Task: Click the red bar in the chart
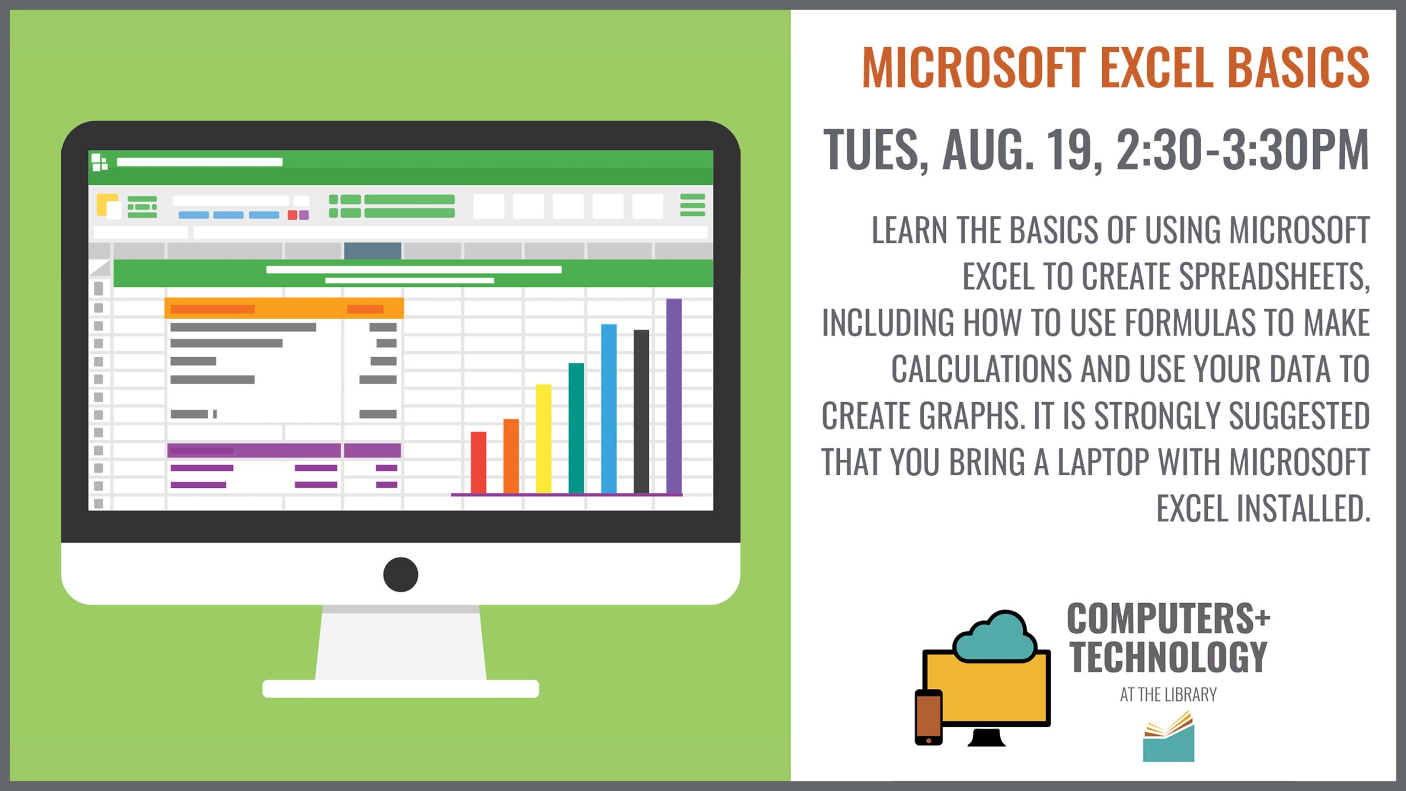click(478, 462)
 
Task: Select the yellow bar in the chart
click(543, 438)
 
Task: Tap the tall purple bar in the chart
click(674, 396)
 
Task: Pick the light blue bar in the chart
click(609, 408)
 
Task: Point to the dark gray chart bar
click(641, 411)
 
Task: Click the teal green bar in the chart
click(576, 428)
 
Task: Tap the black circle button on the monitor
click(400, 575)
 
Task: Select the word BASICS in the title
click(1298, 67)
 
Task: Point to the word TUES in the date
click(873, 149)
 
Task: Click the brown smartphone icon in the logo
click(929, 717)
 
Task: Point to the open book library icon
click(1169, 736)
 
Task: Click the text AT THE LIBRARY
click(1168, 695)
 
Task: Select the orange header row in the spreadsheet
click(284, 309)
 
